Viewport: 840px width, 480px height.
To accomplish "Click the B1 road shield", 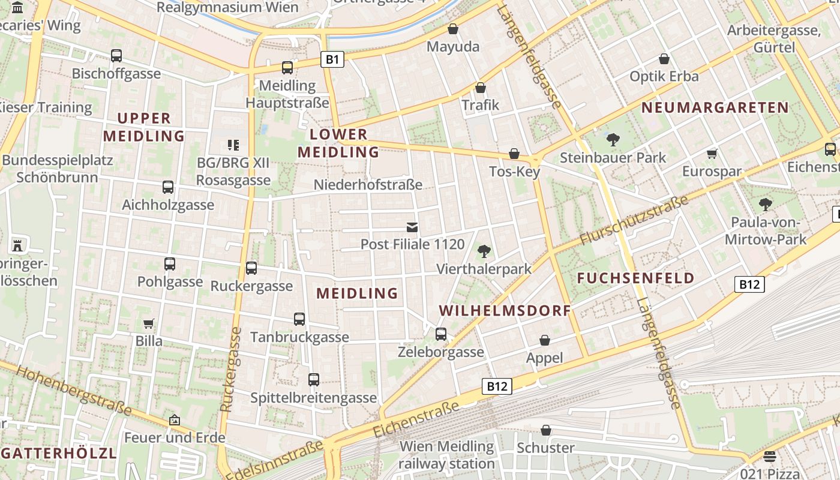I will point(332,59).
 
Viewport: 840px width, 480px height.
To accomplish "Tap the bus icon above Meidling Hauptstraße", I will point(287,67).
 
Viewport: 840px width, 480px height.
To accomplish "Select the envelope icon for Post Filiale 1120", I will point(412,227).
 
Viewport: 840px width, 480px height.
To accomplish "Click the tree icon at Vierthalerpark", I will point(484,251).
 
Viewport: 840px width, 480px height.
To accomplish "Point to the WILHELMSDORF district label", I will point(505,311).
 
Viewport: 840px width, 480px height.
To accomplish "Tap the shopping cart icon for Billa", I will point(148,324).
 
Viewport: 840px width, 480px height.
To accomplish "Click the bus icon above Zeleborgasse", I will point(441,334).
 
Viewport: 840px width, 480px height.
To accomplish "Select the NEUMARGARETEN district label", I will point(715,108).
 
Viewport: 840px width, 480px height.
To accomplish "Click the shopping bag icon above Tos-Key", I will point(514,154).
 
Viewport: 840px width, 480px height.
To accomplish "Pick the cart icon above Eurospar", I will point(712,154).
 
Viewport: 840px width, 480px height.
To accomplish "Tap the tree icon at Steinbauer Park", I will point(613,140).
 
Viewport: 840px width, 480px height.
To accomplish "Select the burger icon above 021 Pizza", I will point(770,457).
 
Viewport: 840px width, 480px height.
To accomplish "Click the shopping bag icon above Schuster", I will point(545,430).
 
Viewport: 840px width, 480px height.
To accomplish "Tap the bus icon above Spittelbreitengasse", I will point(313,379).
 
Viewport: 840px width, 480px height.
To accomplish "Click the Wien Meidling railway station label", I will point(446,455).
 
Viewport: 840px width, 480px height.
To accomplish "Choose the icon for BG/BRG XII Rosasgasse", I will point(233,145).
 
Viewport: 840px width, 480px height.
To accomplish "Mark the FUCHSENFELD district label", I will point(635,278).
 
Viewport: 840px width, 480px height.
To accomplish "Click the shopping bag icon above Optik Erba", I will point(664,59).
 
